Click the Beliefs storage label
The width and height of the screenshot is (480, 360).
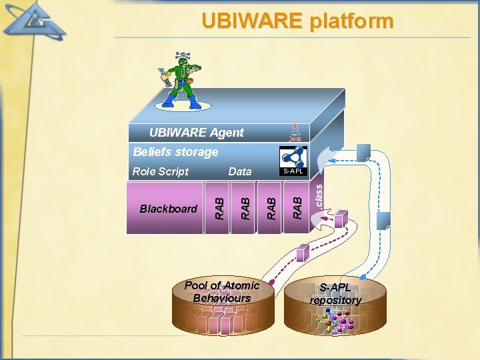coord(175,152)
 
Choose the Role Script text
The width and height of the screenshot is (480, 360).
coord(160,171)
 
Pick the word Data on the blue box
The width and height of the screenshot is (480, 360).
coord(240,171)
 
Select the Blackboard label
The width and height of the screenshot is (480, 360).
coord(169,209)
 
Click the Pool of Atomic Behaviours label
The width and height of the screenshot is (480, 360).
coord(221,291)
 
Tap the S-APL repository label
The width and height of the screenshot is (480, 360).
coord(335,294)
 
